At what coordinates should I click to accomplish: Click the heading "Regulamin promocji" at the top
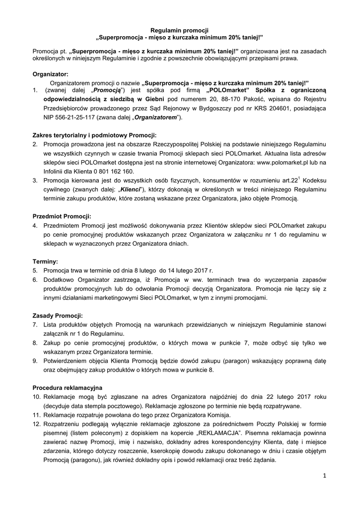tap(179, 30)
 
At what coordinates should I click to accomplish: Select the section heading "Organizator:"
tap(50, 73)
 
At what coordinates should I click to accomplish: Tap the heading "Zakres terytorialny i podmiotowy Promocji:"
tap(94, 135)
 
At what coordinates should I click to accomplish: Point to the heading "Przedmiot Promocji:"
tap(62, 216)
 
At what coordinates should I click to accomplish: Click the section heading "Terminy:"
tap(45, 261)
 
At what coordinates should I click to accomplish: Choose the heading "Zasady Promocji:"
tap(58, 316)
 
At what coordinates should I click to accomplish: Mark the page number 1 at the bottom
tap(324, 476)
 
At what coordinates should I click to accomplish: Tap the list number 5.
tap(35, 270)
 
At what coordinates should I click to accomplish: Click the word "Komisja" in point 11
tap(217, 414)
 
